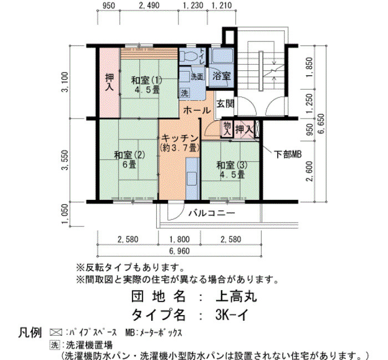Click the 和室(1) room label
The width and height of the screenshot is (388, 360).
point(146,80)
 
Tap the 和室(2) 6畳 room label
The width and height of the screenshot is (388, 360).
point(129,160)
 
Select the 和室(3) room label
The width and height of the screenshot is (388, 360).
point(232,165)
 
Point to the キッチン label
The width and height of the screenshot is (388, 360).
point(180,138)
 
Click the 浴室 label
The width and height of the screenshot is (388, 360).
point(222,76)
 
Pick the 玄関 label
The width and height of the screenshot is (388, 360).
point(226,104)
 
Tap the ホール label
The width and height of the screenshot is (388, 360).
point(197,111)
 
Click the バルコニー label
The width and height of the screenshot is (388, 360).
point(212,213)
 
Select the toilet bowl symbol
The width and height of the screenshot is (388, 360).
point(188,56)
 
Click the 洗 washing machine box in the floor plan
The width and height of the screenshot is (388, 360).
point(185,93)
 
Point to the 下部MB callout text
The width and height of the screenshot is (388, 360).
point(288,155)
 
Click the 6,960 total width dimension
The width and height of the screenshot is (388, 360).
point(180,251)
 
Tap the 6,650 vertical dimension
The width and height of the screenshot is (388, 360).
point(321,124)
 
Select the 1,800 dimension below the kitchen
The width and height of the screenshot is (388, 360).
point(180,239)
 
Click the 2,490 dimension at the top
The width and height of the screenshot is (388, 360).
point(149,6)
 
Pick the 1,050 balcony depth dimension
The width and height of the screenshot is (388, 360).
point(65,214)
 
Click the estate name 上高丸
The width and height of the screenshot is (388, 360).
point(236,296)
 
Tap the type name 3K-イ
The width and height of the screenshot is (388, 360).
point(232,315)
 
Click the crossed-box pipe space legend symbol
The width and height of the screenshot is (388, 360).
point(56,332)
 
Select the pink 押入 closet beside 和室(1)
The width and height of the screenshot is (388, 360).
point(110,83)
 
